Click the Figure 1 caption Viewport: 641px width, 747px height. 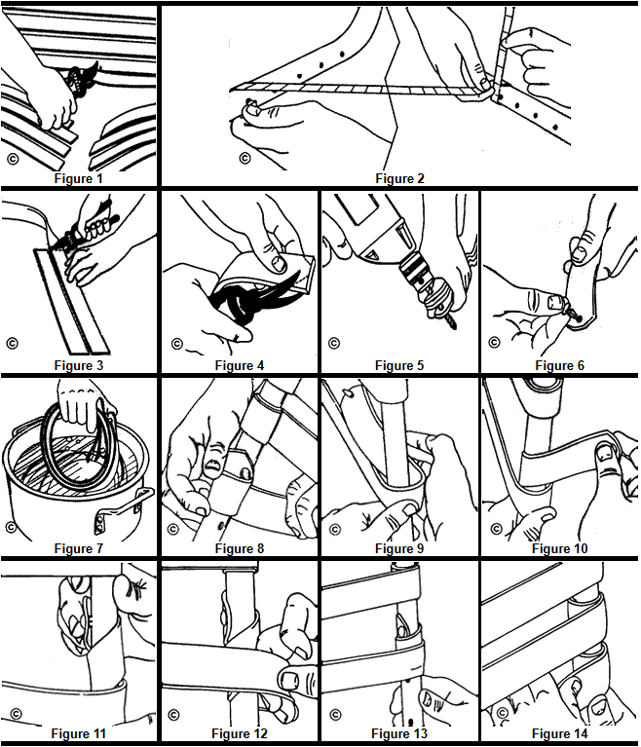(79, 178)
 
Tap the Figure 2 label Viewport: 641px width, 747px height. (399, 178)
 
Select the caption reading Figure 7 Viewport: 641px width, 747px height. (79, 548)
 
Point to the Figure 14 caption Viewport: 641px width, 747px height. (559, 733)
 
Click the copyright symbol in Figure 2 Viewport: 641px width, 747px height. (245, 158)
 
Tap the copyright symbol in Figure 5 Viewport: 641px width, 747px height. (334, 343)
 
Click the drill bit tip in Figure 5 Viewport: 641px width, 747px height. (454, 327)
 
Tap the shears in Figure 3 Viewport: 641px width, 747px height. (89, 224)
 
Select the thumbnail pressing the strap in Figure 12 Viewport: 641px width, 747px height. (288, 680)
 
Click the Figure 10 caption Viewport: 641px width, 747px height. (559, 548)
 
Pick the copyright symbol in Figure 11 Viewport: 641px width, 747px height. (16, 713)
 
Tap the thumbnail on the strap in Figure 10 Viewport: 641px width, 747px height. (606, 453)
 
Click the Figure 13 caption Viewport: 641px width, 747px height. (399, 733)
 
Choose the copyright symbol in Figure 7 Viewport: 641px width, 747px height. (11, 527)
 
